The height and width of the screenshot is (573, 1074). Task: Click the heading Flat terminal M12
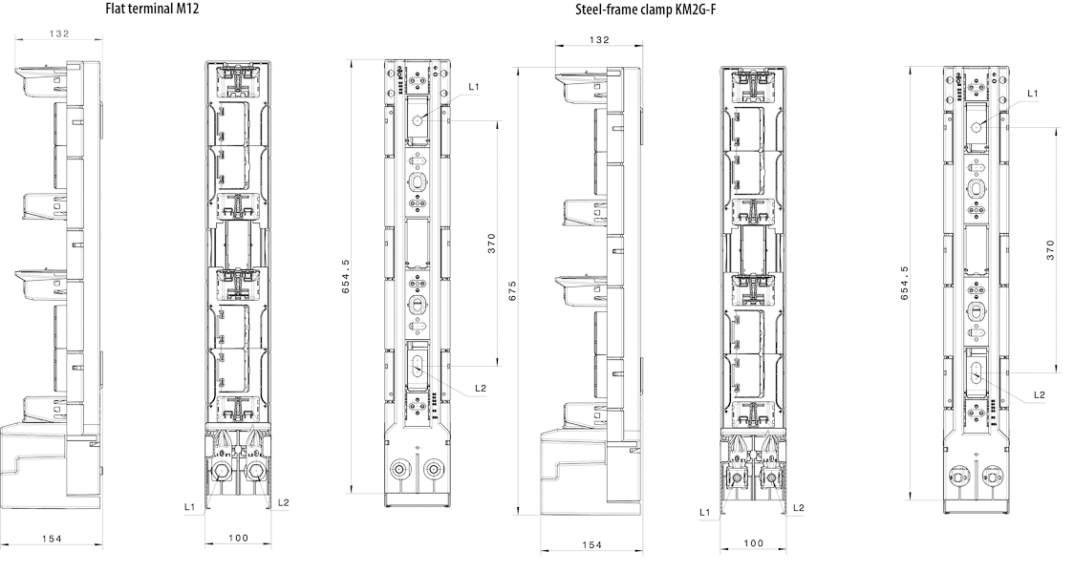152,10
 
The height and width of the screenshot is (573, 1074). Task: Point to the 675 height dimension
512,291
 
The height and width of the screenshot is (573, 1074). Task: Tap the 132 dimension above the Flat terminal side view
59,33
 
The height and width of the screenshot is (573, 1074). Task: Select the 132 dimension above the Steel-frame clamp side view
599,40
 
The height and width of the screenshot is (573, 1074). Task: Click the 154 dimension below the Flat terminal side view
52,539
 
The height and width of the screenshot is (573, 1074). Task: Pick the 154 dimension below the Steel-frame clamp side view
591,545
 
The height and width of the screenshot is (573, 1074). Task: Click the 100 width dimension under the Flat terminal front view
238,538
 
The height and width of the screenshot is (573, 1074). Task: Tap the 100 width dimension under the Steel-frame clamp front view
753,543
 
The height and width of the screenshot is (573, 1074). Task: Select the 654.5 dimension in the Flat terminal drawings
346,277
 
